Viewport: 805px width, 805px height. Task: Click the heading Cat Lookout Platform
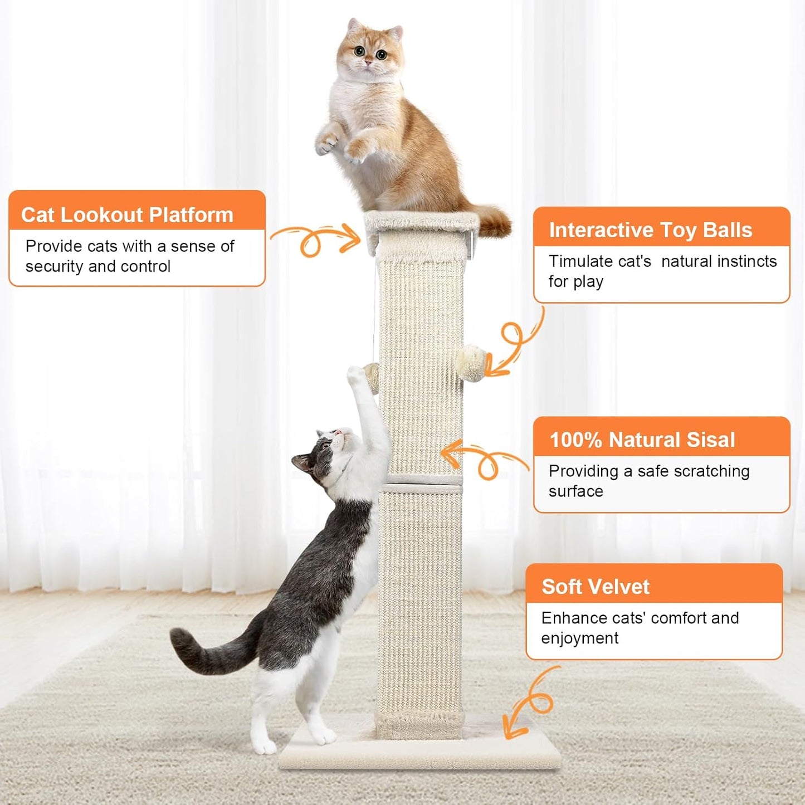pos(127,215)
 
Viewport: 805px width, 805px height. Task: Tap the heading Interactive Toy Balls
pos(650,230)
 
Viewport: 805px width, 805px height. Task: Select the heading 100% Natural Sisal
pos(642,440)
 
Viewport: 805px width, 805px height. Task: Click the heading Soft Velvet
pos(595,587)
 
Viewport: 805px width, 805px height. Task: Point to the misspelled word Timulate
pos(599,261)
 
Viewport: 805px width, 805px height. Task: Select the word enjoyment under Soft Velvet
pos(579,638)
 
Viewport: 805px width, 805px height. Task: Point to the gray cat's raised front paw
pos(357,376)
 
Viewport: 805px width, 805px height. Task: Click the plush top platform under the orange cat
pos(422,223)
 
